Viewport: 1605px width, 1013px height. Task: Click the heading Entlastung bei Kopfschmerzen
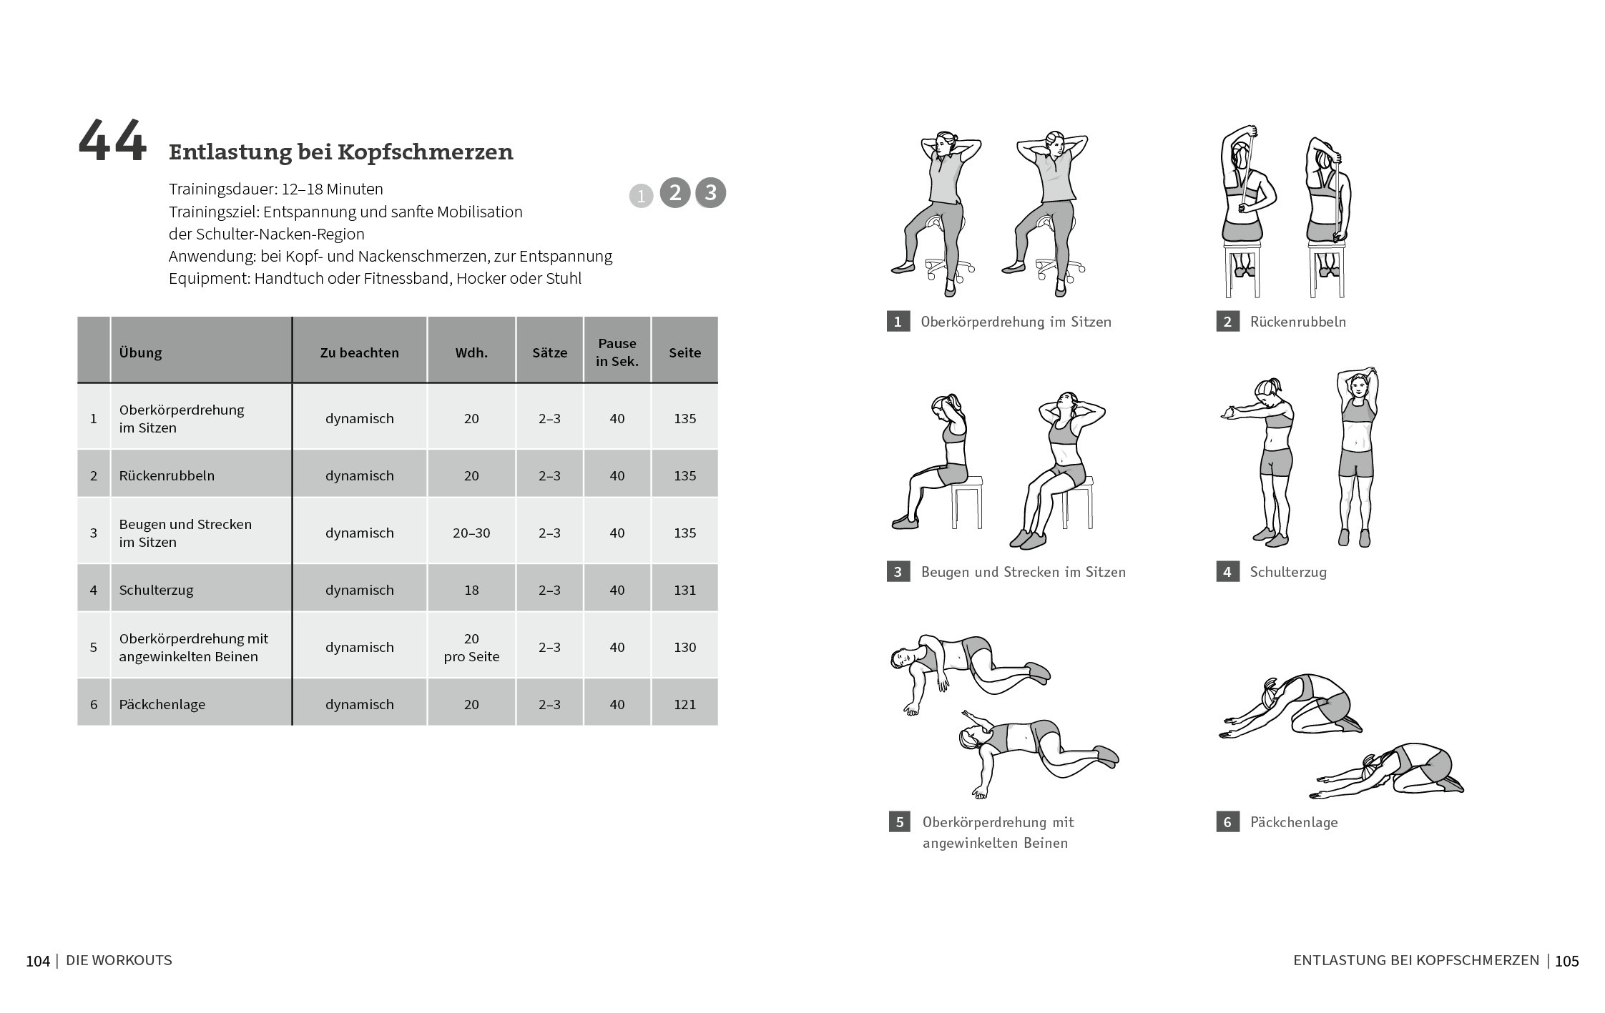coord(341,152)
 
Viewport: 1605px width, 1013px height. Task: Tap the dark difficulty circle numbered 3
coord(710,192)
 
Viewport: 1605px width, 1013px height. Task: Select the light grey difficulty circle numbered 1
coord(641,196)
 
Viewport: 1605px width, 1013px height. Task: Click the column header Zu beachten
coord(360,352)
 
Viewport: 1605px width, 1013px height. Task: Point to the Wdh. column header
coord(471,352)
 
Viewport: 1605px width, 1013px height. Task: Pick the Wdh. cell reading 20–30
coord(471,533)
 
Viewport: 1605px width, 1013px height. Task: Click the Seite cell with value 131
coord(684,590)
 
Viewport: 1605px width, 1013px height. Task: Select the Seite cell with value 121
coord(684,704)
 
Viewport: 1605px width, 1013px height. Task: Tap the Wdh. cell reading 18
coord(471,590)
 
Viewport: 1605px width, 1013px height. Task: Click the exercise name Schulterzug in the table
coord(157,590)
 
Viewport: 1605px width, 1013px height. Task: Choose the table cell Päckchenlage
coord(162,704)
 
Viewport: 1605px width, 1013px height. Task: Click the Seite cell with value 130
coord(684,647)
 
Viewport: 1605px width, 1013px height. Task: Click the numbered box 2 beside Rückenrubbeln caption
coord(1227,322)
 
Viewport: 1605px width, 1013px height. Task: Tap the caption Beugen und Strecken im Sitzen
coord(1024,572)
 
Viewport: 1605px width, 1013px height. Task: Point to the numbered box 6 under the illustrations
coord(1227,822)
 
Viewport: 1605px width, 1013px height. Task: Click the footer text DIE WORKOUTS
coord(119,961)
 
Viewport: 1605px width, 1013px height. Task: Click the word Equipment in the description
coord(209,279)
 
